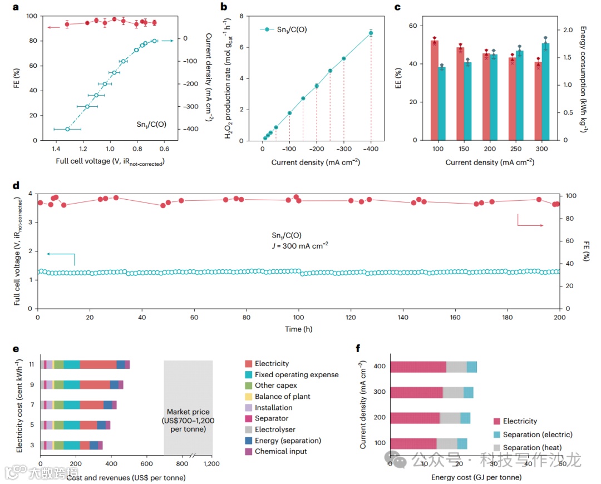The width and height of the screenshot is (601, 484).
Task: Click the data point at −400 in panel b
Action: [371, 33]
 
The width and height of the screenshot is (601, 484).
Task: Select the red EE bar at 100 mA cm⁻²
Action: [434, 89]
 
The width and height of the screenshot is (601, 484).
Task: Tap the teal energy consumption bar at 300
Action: [545, 92]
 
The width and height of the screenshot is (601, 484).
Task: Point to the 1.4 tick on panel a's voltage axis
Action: [56, 150]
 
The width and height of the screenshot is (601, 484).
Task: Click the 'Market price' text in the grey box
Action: [188, 396]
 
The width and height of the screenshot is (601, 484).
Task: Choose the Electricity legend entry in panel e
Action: [272, 363]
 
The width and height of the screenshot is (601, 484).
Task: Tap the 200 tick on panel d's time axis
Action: [560, 318]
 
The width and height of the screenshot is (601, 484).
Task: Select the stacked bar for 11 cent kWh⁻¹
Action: [85, 364]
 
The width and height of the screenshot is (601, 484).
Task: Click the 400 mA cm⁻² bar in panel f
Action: [433, 367]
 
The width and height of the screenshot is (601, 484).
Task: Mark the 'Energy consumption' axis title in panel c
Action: [583, 78]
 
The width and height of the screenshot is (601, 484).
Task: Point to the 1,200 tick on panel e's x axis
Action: [212, 463]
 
